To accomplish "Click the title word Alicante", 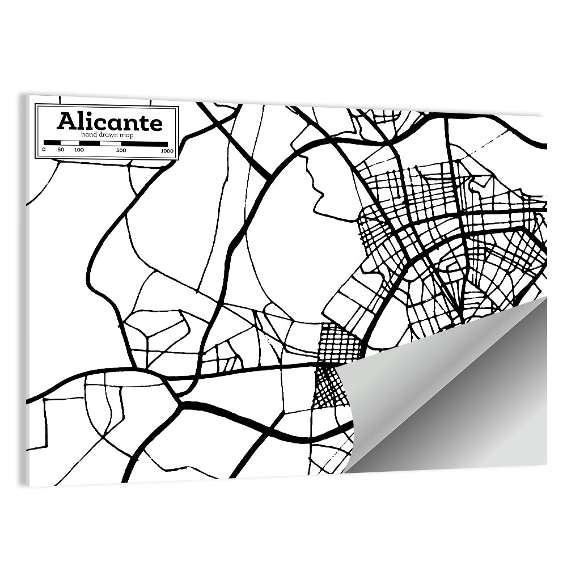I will [x=109, y=121].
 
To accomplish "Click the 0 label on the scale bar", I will [x=44, y=150].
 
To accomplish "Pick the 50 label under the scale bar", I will [x=61, y=150].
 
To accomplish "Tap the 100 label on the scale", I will [x=79, y=150].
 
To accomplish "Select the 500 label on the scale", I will [x=121, y=150].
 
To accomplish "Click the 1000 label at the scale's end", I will [x=166, y=150].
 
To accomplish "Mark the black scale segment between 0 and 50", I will [x=52, y=143].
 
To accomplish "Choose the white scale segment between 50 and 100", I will [x=69, y=143].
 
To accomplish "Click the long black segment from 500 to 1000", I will [x=144, y=143].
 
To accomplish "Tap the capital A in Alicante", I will [x=66, y=121].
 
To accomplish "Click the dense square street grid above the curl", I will [x=339, y=343].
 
